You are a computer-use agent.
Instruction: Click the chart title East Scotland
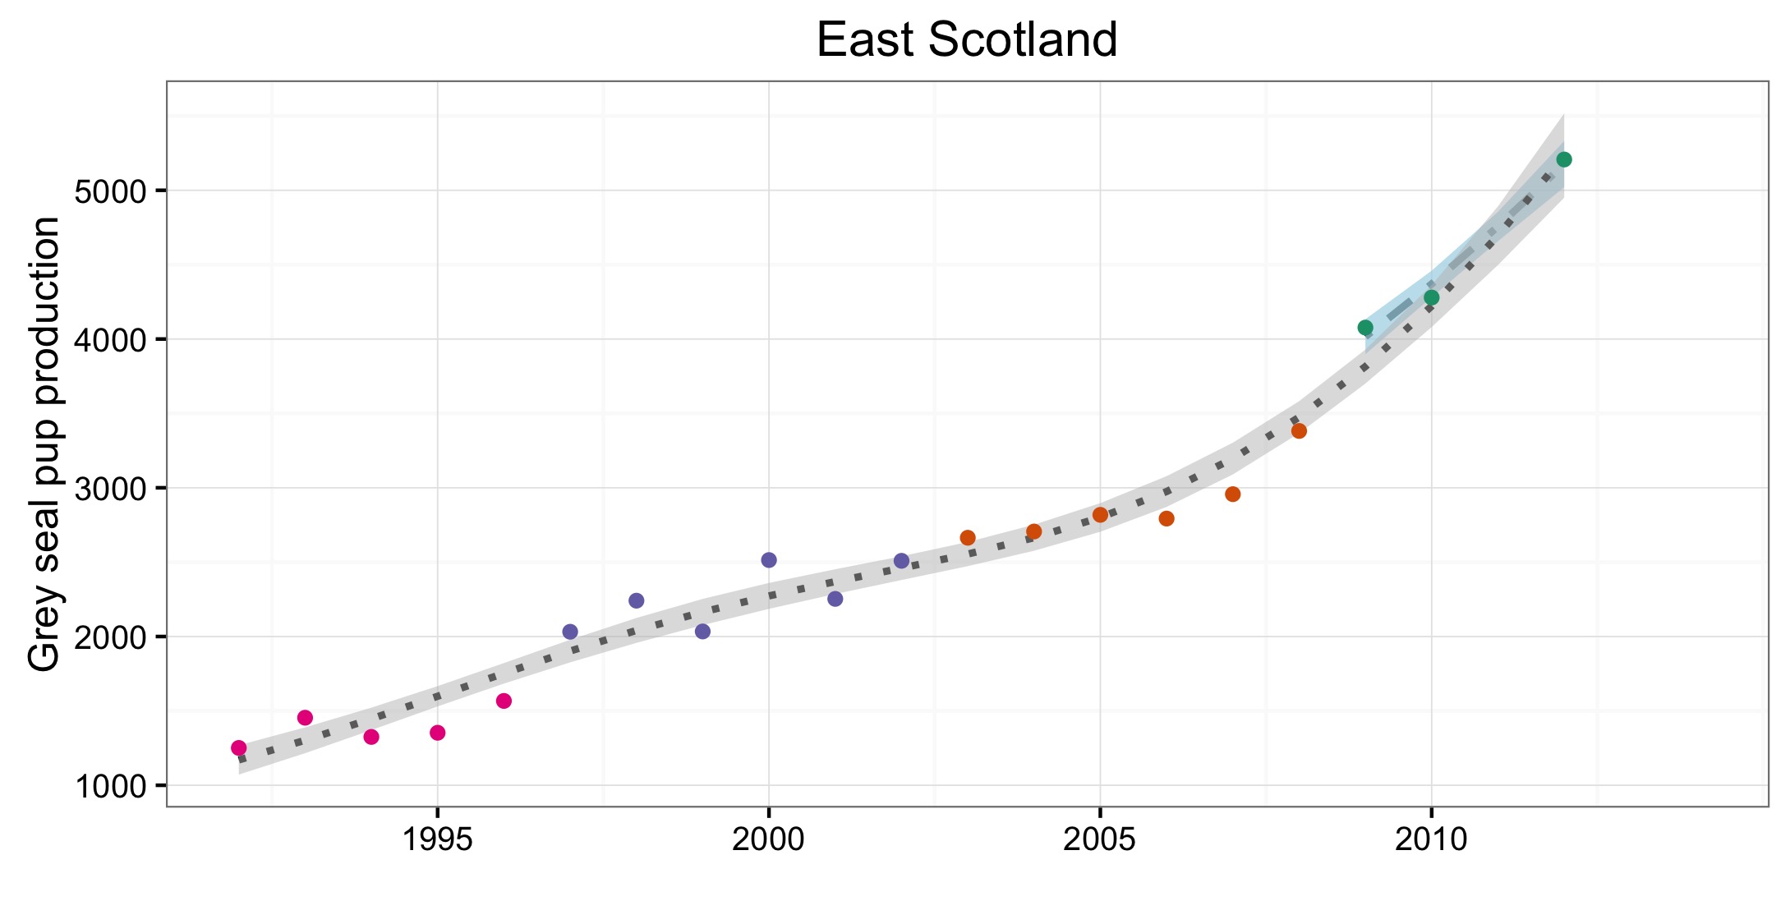[967, 39]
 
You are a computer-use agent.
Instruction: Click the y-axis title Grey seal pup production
[44, 444]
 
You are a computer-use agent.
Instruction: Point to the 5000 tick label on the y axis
[110, 191]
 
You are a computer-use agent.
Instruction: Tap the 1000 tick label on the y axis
[110, 786]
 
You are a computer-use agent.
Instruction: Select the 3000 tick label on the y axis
[110, 489]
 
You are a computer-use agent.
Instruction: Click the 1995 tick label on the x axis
[437, 839]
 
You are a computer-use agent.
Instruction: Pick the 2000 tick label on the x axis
[769, 839]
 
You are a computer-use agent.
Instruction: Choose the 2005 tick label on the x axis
[1100, 839]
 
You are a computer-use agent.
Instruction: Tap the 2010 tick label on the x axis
[1431, 839]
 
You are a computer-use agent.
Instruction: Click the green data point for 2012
[1564, 159]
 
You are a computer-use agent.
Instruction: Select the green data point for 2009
[1365, 328]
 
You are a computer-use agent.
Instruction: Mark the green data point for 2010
[1431, 297]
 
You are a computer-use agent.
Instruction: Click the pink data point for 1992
[239, 747]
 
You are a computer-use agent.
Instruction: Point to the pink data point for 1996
[504, 701]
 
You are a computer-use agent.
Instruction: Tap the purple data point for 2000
[769, 560]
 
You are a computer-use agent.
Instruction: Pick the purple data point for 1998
[637, 600]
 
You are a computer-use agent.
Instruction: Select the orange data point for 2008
[1299, 430]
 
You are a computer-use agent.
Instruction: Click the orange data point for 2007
[1232, 494]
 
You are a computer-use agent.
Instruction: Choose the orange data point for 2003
[968, 538]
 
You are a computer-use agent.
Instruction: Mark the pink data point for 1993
[305, 718]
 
